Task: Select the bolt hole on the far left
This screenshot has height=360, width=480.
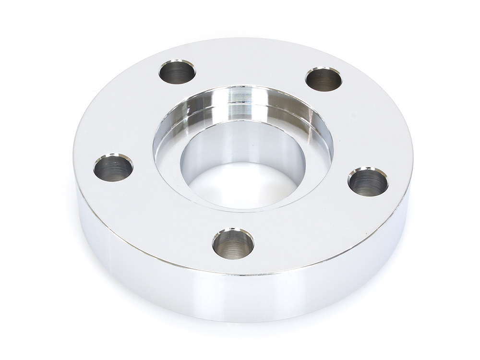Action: coord(113,168)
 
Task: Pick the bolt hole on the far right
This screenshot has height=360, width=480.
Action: coord(368,181)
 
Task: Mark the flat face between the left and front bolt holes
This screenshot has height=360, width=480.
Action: coord(158,216)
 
